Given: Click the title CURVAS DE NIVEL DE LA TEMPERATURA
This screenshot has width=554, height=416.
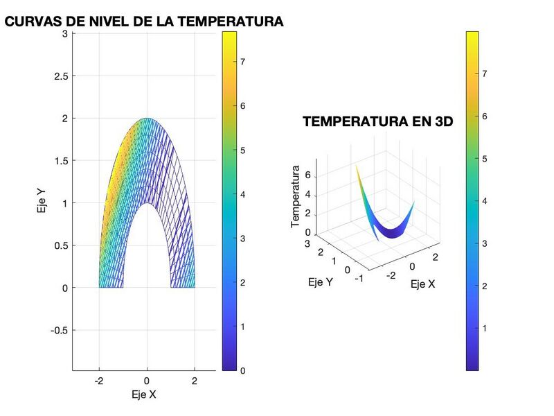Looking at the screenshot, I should tap(144, 21).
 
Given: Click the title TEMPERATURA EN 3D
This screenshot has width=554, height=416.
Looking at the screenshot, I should tap(377, 122).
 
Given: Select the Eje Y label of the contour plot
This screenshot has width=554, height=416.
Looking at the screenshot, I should tap(42, 203).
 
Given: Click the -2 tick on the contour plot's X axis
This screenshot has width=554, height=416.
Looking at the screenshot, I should tap(99, 381).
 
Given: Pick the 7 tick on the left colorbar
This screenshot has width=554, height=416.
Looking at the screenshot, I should tap(242, 62).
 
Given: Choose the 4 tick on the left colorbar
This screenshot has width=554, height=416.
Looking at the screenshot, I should tap(242, 194).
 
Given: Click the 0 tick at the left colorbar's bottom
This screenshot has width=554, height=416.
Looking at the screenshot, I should tap(242, 370).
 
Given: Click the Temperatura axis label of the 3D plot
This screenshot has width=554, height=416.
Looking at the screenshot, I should tap(296, 196).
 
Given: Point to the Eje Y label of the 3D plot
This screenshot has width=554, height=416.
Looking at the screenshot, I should tap(319, 282).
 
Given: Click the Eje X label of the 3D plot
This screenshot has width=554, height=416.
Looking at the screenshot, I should tap(422, 284).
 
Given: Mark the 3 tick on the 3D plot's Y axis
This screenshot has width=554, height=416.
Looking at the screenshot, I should tap(305, 244).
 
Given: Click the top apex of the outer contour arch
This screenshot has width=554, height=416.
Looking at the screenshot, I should tap(147, 119).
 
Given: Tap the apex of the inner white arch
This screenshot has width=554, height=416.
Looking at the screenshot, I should tap(147, 203).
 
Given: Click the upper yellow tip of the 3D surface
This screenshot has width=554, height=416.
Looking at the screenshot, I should tap(356, 166).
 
